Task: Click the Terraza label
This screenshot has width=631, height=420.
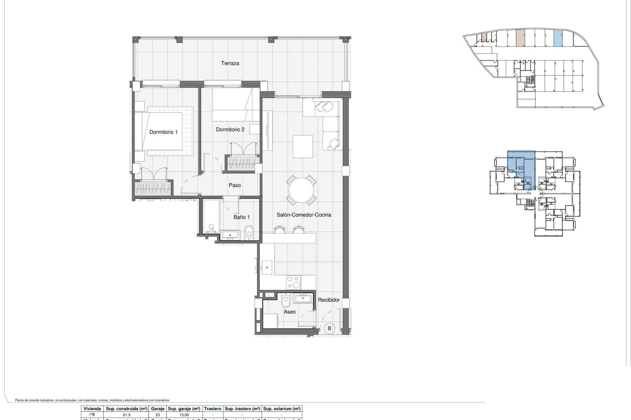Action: click(x=230, y=63)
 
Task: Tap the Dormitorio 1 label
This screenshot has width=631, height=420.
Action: click(x=163, y=132)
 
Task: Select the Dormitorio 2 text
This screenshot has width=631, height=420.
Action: click(x=230, y=130)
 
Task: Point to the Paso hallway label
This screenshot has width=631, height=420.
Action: click(x=235, y=185)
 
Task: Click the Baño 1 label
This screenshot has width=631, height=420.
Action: click(x=242, y=217)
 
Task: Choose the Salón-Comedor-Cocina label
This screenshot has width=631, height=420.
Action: click(x=304, y=215)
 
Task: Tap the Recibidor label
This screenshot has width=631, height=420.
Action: click(x=329, y=300)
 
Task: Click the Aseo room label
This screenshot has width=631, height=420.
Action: click(x=290, y=312)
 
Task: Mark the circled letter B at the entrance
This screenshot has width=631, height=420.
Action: click(x=329, y=328)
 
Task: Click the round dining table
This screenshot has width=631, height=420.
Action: click(x=301, y=190)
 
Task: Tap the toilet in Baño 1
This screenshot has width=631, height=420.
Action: click(x=249, y=232)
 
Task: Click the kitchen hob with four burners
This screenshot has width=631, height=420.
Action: click(x=293, y=282)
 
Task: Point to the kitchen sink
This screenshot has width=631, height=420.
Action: click(x=267, y=267)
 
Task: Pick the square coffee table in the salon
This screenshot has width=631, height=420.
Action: click(x=303, y=146)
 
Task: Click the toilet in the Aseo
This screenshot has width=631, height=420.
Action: click(x=286, y=301)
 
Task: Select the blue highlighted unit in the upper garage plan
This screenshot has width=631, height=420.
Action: click(x=558, y=38)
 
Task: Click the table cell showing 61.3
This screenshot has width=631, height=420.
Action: click(x=127, y=415)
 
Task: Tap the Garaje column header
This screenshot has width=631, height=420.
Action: click(x=157, y=409)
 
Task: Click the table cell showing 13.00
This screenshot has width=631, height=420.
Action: click(x=184, y=415)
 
